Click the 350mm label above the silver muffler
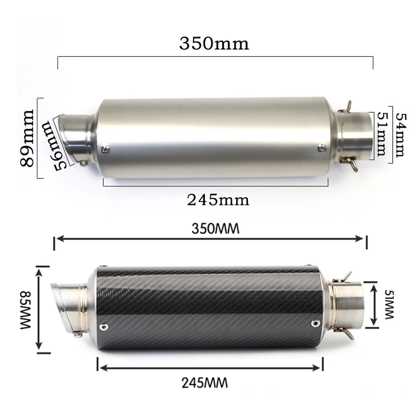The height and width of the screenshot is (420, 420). (214, 44)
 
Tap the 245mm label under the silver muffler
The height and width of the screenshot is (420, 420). (218, 200)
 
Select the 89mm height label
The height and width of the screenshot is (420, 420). (27, 138)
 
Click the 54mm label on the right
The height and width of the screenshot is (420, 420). (401, 135)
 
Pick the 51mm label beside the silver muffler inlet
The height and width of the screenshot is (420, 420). (382, 134)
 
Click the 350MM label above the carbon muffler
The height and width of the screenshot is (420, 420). (215, 229)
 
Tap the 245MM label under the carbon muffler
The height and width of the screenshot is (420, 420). (205, 383)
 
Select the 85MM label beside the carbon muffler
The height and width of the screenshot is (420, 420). (26, 310)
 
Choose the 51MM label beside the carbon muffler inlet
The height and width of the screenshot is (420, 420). (389, 304)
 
